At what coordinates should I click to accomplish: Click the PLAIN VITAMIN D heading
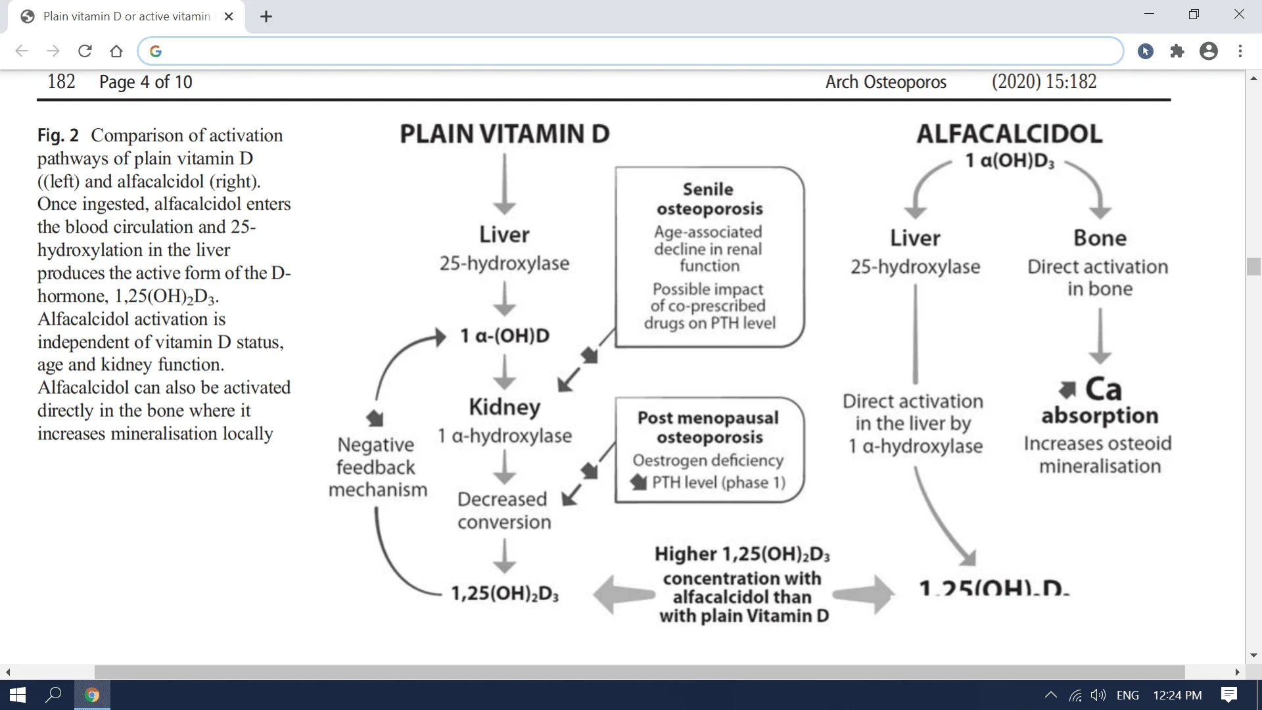[504, 134]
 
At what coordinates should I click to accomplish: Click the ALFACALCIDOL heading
[1009, 134]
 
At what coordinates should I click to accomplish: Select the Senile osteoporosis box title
[709, 199]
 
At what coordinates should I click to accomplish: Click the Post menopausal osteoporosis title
[709, 427]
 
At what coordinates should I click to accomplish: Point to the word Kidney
[504, 407]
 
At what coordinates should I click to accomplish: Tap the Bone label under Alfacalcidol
[1100, 238]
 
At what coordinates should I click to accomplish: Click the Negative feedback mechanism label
[377, 467]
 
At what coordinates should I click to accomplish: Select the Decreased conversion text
[503, 510]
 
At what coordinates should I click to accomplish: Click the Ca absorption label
[1100, 402]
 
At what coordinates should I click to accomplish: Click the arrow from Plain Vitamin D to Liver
[504, 184]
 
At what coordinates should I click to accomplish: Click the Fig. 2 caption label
[58, 135]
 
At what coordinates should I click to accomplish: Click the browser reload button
[85, 51]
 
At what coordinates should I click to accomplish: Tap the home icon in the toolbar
[116, 51]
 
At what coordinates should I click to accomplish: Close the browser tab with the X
[229, 16]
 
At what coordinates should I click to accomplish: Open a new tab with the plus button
[266, 16]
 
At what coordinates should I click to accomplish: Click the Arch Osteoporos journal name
[885, 82]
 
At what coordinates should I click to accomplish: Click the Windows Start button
[18, 695]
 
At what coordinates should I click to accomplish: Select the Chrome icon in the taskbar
[92, 695]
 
